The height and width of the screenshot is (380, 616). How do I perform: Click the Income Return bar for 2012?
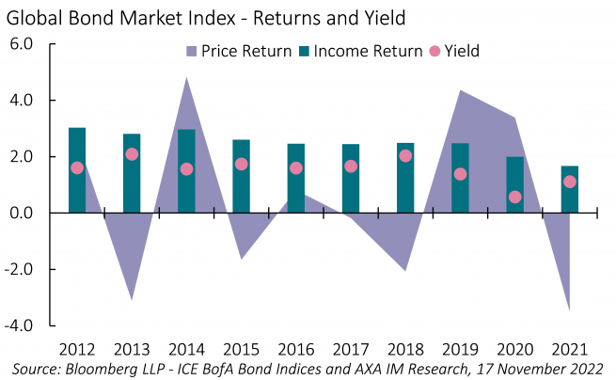(77, 170)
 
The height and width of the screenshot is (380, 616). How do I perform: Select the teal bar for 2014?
(186, 171)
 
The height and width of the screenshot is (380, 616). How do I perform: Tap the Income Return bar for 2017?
(351, 179)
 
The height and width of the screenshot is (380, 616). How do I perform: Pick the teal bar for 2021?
(570, 190)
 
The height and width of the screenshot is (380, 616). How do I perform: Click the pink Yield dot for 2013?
(132, 154)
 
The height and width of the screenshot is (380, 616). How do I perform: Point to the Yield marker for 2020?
(515, 198)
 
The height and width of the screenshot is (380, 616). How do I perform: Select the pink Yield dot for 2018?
(405, 156)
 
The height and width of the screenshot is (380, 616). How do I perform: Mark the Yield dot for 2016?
(296, 168)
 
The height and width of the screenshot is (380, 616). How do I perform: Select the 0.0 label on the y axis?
(23, 214)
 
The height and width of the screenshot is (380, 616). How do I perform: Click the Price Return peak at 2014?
(186, 79)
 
